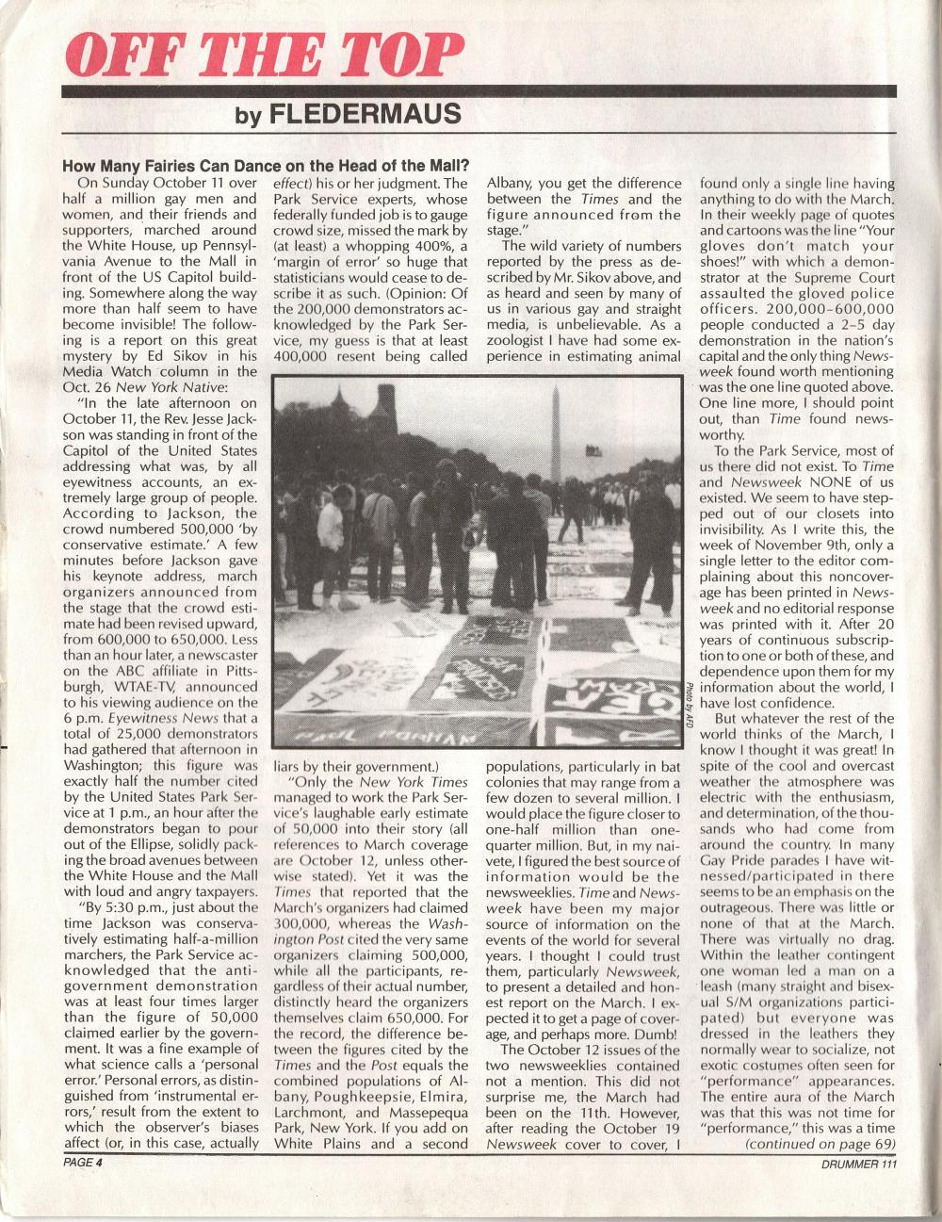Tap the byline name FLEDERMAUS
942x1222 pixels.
[365, 116]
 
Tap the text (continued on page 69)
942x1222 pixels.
[819, 1144]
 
